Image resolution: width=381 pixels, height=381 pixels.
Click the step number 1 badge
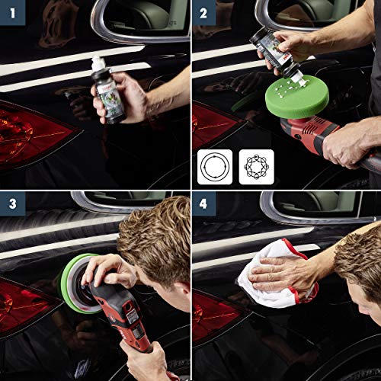pos(11,12)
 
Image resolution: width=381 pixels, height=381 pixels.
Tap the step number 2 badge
pos(203,12)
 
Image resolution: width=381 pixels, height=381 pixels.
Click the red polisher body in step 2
pos(320,137)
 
